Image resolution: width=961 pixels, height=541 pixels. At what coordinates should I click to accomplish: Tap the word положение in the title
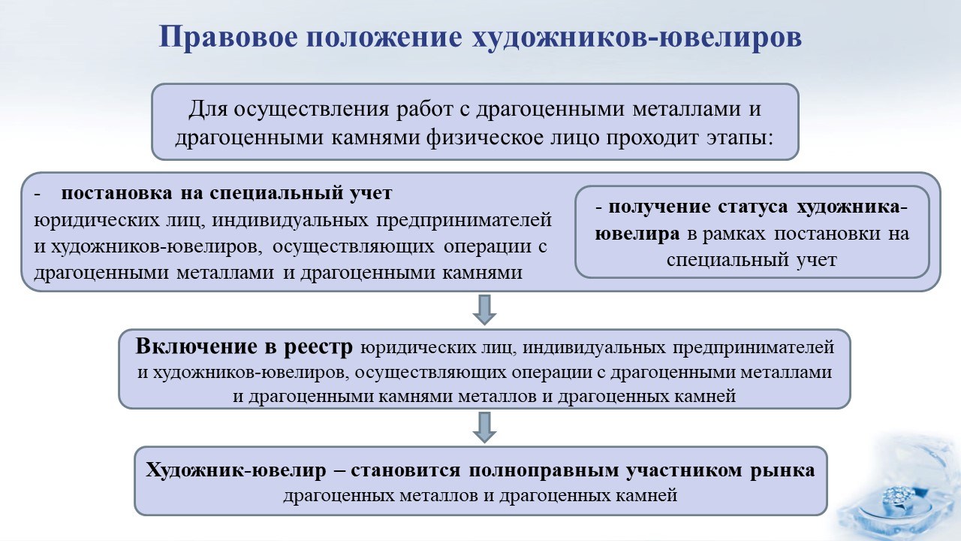tap(384, 38)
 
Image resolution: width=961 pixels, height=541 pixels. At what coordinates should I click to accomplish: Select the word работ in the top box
tap(424, 109)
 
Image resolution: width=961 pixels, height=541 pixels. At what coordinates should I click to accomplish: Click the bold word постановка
tap(116, 193)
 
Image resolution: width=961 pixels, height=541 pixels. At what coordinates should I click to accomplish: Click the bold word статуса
tap(753, 207)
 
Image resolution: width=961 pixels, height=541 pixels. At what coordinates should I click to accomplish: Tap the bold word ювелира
tap(637, 234)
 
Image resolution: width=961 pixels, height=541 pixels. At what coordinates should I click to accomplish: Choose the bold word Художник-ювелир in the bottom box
tap(236, 470)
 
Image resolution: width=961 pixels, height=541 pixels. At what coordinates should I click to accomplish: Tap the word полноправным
tap(544, 471)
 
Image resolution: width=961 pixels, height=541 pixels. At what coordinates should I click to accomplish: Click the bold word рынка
tap(782, 471)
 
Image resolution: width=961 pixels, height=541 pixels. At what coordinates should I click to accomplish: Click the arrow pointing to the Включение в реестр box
tap(484, 310)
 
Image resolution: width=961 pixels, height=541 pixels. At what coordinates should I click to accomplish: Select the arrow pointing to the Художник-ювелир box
tap(484, 428)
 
